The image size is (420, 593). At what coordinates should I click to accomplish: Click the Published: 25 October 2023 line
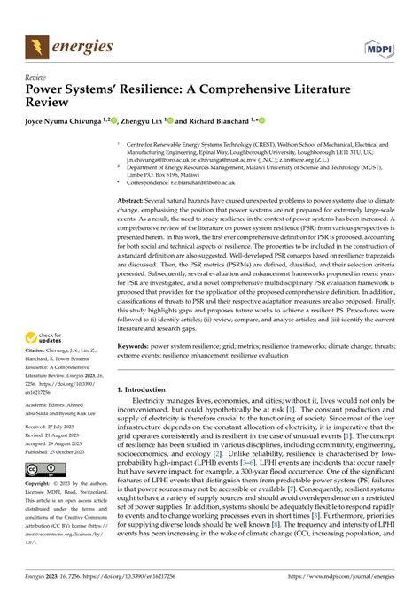pyautogui.click(x=62, y=449)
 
